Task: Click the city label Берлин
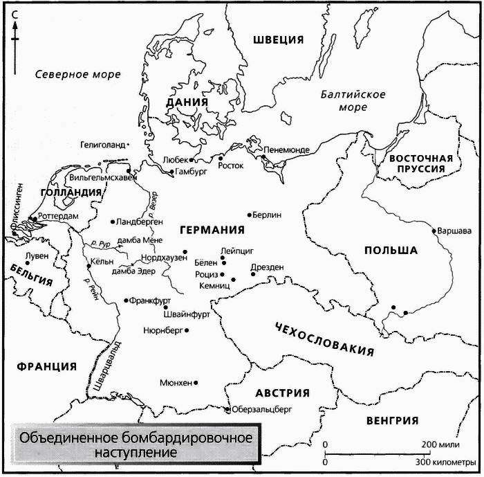click(268, 215)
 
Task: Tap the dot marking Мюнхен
click(197, 382)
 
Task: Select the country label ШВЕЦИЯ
click(278, 39)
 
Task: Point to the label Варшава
click(452, 231)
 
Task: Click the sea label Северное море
click(78, 74)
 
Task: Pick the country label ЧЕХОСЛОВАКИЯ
click(324, 339)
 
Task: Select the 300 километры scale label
click(445, 462)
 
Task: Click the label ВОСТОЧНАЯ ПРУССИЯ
click(420, 163)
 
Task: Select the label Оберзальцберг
click(259, 409)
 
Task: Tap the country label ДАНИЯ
click(187, 102)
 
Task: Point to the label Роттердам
click(59, 217)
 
